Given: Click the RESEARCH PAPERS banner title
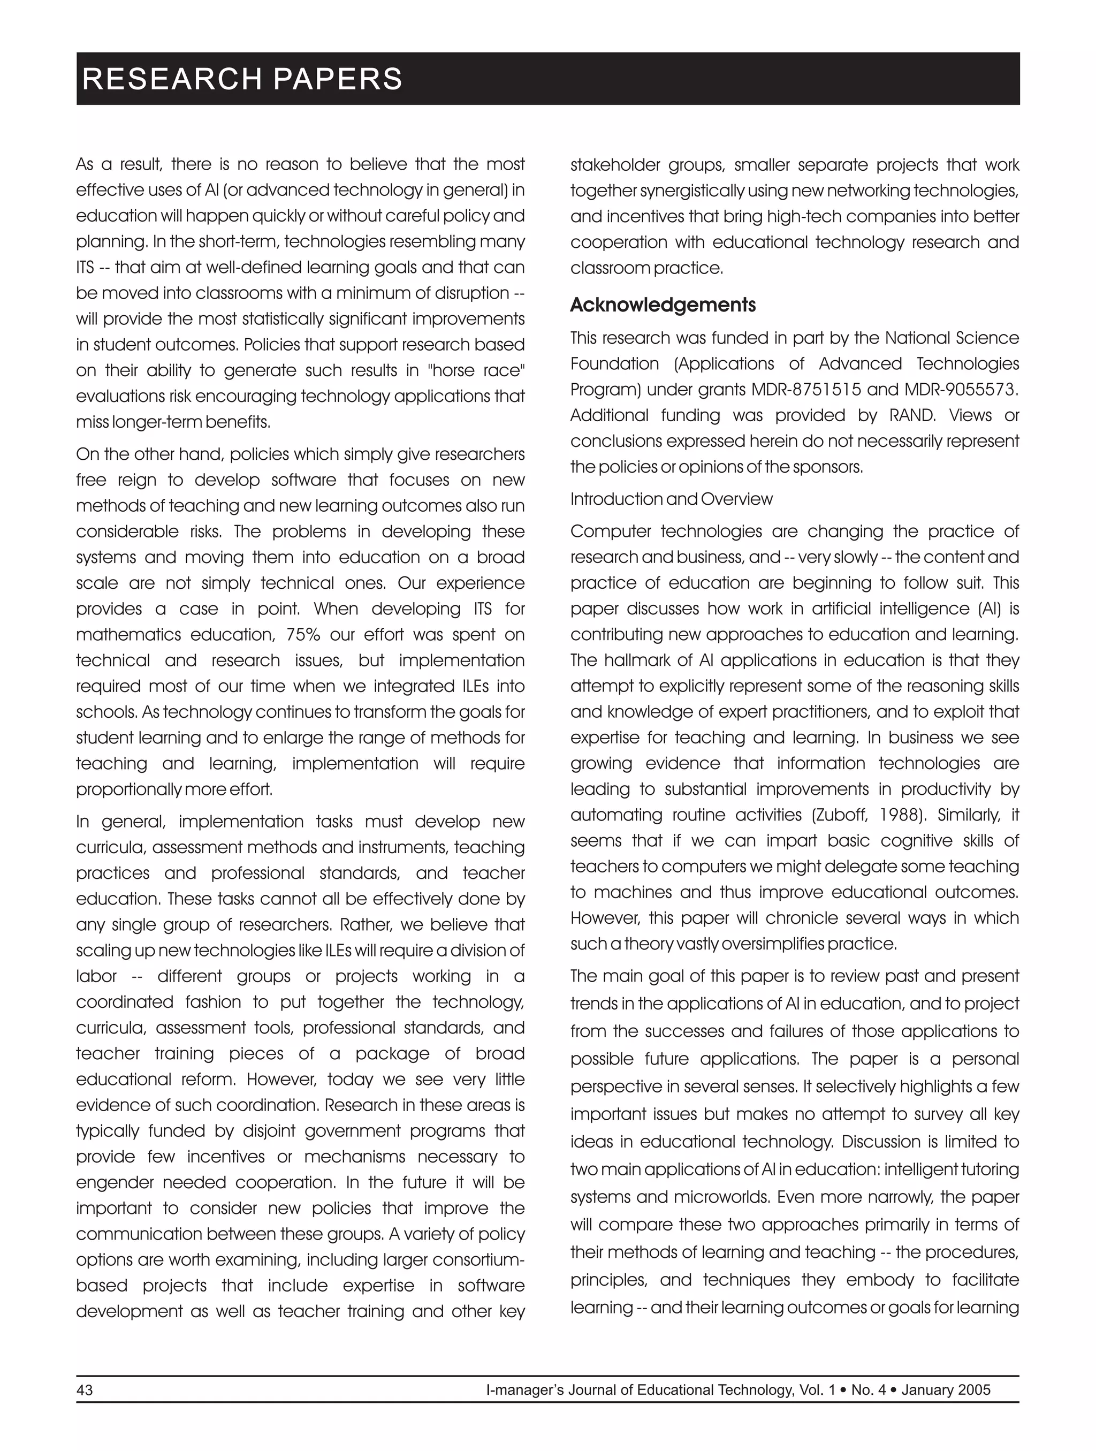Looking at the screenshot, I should tap(242, 79).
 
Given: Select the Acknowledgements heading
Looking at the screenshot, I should tap(663, 305).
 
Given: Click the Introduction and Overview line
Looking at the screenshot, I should tap(671, 499).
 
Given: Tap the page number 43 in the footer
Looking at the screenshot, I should tap(85, 1389).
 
